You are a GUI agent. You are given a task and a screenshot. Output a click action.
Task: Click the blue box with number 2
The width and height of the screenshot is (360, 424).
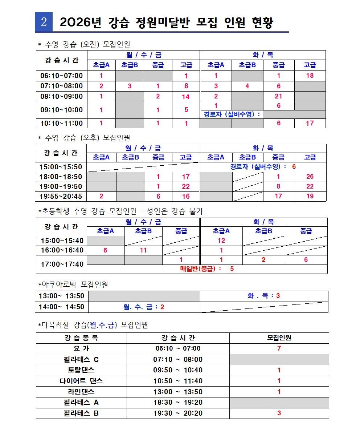click(44, 22)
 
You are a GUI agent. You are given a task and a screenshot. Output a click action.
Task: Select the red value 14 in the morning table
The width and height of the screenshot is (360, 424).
click(186, 97)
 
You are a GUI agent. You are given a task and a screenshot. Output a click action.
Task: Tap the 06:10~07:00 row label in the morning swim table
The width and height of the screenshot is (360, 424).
click(61, 76)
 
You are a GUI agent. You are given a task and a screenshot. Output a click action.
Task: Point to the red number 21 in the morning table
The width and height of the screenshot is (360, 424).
click(278, 97)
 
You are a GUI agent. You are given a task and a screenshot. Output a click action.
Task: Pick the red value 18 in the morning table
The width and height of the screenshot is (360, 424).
click(310, 76)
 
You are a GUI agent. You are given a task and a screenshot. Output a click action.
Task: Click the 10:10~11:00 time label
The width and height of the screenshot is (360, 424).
click(61, 123)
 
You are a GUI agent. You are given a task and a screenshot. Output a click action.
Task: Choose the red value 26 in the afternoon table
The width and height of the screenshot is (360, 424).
click(310, 177)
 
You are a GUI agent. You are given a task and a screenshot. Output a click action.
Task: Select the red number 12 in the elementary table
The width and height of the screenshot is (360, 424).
click(221, 241)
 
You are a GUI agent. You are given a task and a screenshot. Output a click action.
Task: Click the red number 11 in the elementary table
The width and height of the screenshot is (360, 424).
click(143, 250)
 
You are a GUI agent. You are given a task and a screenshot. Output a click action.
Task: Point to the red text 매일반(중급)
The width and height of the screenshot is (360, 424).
click(201, 269)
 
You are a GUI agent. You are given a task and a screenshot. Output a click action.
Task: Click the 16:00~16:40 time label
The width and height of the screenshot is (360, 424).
click(62, 250)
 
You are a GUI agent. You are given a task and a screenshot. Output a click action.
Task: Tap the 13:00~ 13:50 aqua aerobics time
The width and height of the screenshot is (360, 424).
click(61, 296)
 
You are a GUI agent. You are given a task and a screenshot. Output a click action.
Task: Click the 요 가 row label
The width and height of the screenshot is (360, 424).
click(81, 348)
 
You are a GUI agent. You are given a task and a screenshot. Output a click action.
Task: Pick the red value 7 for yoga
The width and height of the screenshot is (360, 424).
click(279, 348)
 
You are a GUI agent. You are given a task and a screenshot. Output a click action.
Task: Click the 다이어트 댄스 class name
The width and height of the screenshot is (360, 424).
click(81, 381)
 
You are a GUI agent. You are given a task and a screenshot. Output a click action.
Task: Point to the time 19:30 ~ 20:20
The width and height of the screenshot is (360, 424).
click(178, 413)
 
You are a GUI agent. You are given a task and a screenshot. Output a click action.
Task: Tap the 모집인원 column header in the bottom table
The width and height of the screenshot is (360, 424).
click(279, 338)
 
